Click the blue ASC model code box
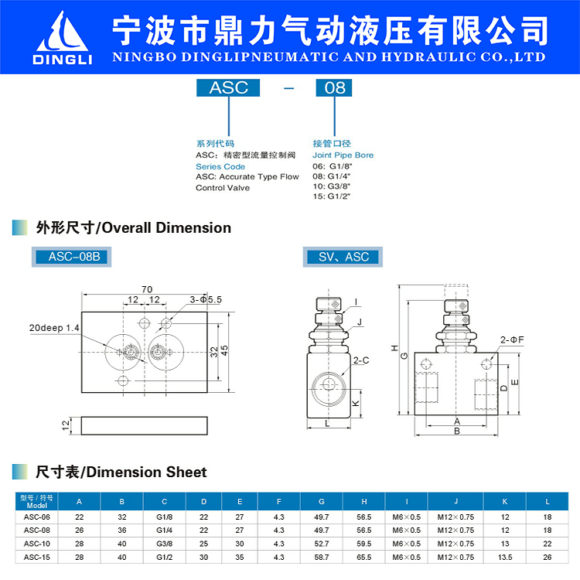point(229,87)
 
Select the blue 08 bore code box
point(334,87)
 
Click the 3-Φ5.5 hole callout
point(206,299)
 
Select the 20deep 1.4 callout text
point(54,328)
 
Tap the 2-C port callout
point(360,360)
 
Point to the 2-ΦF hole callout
point(512,339)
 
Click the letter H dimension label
point(394,347)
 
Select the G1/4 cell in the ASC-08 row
point(164,530)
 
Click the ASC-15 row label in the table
point(36,556)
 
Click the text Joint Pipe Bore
point(343,155)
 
